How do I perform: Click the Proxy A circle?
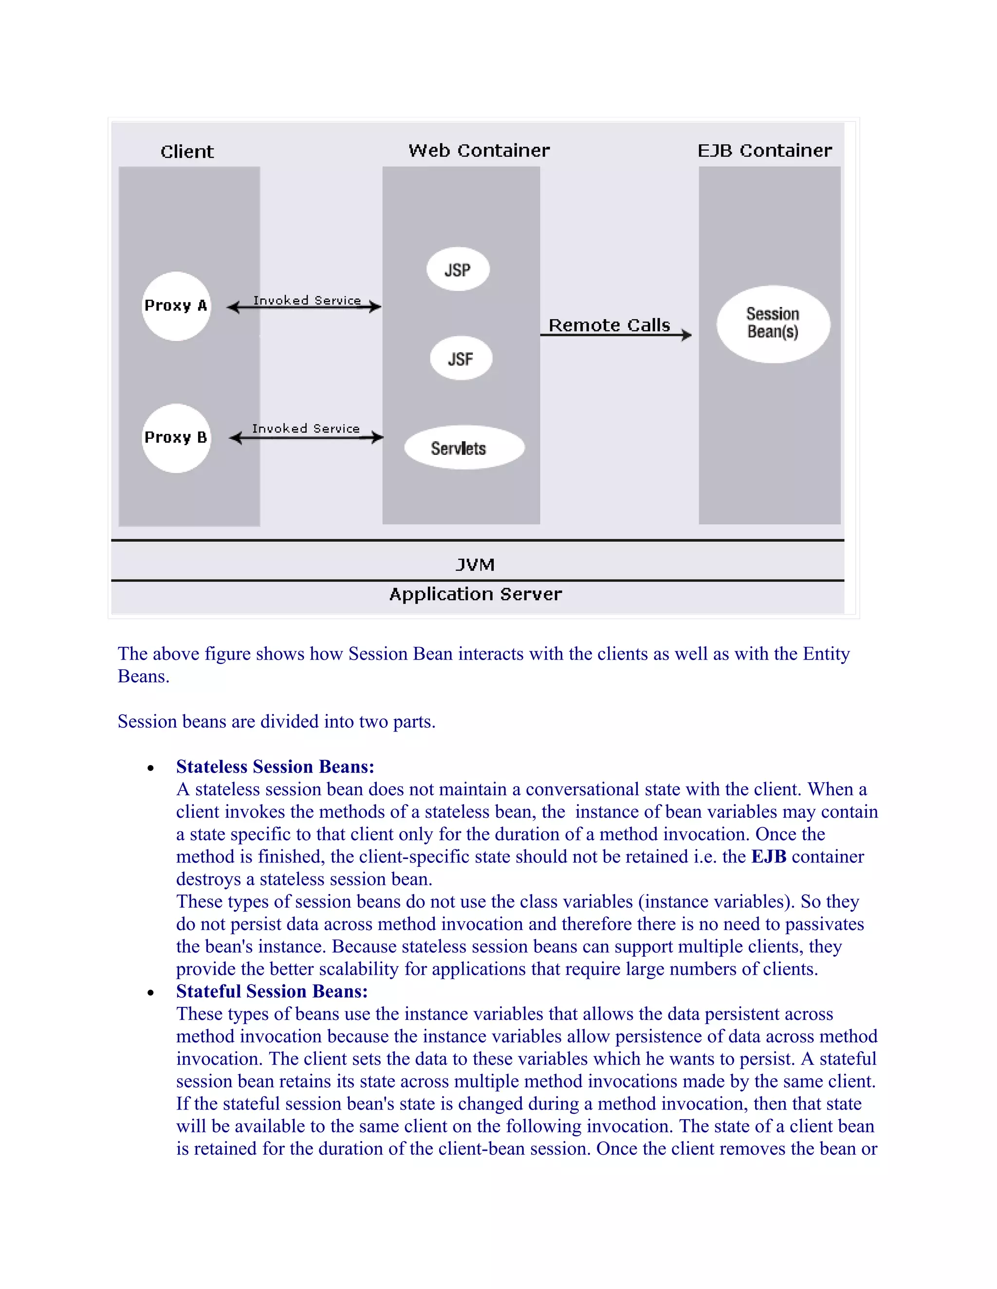coord(176,306)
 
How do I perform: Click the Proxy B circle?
coord(176,438)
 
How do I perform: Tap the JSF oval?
coord(461,358)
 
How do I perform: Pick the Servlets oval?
coord(463,448)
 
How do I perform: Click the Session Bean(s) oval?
coord(773,323)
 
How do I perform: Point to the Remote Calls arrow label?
coord(609,325)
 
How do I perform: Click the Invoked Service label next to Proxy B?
coord(305,429)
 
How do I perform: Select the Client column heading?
coord(186,152)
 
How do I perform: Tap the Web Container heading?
coord(479,150)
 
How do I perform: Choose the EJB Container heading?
coord(764,150)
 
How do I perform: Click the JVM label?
coord(475,565)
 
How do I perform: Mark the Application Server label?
coord(476,594)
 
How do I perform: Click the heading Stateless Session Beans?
coord(275,767)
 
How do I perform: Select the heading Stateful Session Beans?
coord(272,991)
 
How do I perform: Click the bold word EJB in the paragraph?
coord(768,857)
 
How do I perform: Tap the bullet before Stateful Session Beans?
coord(150,993)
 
